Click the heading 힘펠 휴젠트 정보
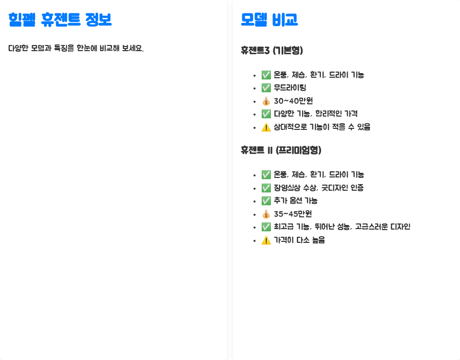(60, 20)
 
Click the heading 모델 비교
(269, 20)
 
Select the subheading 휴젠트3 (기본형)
(272, 50)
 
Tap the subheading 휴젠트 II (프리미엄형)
(281, 150)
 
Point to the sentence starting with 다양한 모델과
(76, 49)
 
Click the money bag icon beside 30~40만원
(266, 101)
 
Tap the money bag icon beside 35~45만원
(266, 214)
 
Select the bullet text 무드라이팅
(290, 87)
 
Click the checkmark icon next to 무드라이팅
(266, 87)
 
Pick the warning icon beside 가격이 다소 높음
(266, 240)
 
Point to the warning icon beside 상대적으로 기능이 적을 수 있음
(266, 127)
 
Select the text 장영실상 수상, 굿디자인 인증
(318, 188)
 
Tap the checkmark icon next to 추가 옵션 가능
(266, 200)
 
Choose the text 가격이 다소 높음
(299, 240)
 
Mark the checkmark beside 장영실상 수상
(266, 188)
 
